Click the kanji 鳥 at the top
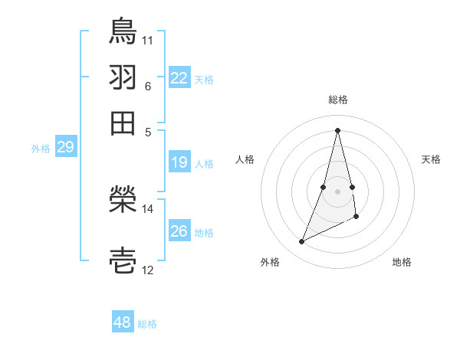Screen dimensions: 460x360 pyautogui.click(x=123, y=31)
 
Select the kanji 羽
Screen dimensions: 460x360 pyautogui.click(x=123, y=77)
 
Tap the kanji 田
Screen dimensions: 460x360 pyautogui.click(x=123, y=123)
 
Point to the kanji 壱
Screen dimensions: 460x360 pyautogui.click(x=123, y=261)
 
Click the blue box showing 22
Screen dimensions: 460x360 pyautogui.click(x=179, y=78)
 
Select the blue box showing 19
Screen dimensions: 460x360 pyautogui.click(x=179, y=162)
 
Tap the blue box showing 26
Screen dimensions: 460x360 pyautogui.click(x=179, y=231)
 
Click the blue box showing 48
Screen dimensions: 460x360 pyautogui.click(x=123, y=323)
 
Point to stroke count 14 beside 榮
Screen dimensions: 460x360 pyautogui.click(x=148, y=208)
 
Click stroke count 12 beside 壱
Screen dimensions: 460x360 pyautogui.click(x=148, y=270)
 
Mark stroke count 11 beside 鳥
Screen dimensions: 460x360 pyautogui.click(x=148, y=38)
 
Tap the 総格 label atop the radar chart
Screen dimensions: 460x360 pyautogui.click(x=337, y=100)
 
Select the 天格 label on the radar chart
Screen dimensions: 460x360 pyautogui.click(x=431, y=159)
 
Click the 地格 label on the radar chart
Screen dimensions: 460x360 pyautogui.click(x=402, y=262)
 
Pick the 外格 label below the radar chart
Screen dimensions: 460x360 pyautogui.click(x=270, y=262)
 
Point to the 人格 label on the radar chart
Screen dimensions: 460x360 pyautogui.click(x=245, y=159)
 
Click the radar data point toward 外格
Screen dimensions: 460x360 pyautogui.click(x=302, y=242)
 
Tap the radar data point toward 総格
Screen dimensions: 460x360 pyautogui.click(x=337, y=129)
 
